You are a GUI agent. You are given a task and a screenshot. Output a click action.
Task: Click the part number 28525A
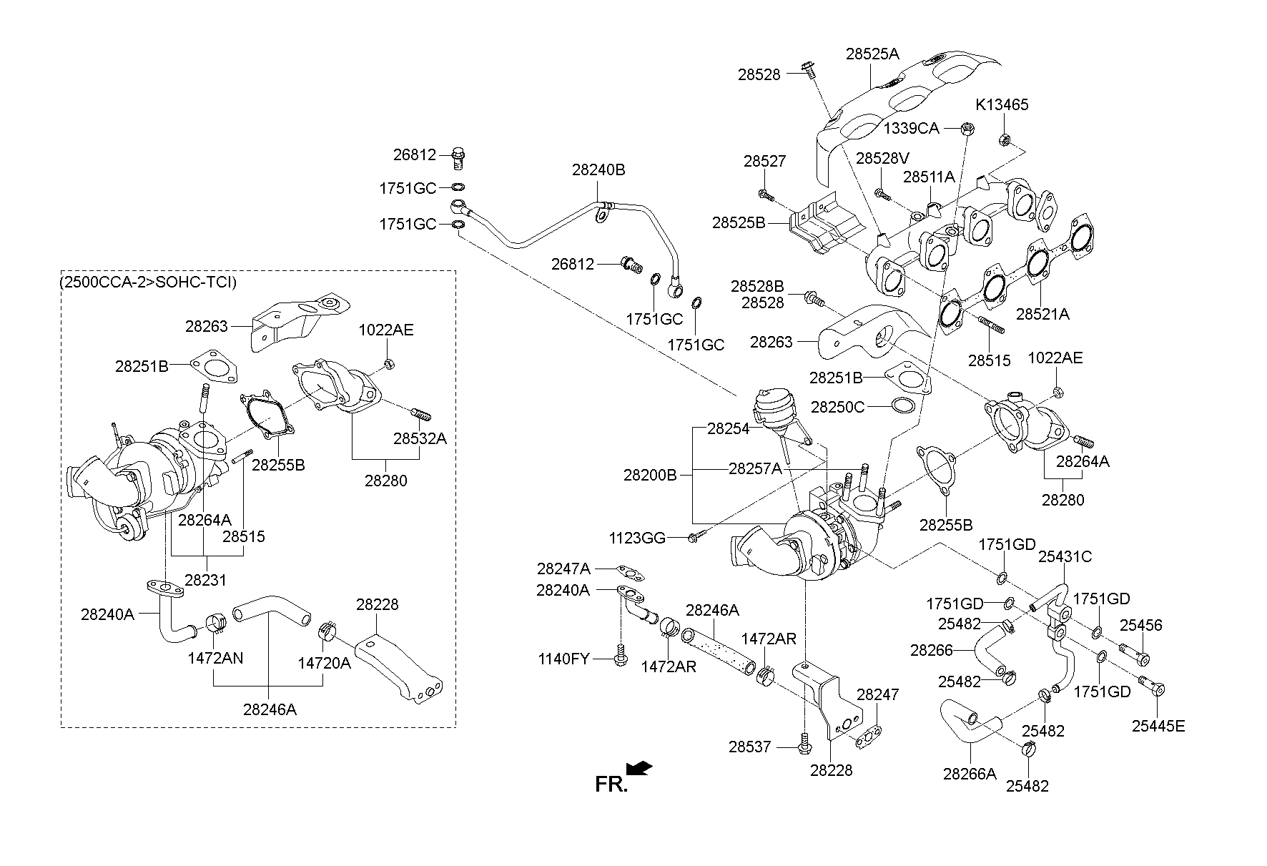pyautogui.click(x=872, y=54)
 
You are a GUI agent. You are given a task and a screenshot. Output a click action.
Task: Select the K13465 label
pyautogui.click(x=1002, y=105)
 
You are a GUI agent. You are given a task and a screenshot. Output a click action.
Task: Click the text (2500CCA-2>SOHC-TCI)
pyautogui.click(x=149, y=282)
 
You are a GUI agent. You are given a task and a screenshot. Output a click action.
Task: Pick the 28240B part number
pyautogui.click(x=598, y=170)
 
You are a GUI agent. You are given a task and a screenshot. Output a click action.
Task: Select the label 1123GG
pyautogui.click(x=637, y=537)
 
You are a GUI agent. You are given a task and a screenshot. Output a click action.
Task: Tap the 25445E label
pyautogui.click(x=1158, y=727)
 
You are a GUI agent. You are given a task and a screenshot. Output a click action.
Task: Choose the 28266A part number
pyautogui.click(x=970, y=774)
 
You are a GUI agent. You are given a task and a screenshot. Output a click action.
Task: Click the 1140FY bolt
pyautogui.click(x=620, y=658)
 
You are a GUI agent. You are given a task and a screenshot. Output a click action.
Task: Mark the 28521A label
pyautogui.click(x=1042, y=314)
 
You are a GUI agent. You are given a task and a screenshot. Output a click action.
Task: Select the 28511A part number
pyautogui.click(x=929, y=177)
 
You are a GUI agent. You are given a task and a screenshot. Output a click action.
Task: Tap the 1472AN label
pyautogui.click(x=215, y=658)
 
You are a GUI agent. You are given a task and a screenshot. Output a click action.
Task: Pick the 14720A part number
pyautogui.click(x=324, y=664)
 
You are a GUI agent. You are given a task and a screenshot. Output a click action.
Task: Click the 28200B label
pyautogui.click(x=650, y=475)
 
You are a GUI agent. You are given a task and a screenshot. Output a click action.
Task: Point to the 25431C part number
pyautogui.click(x=1065, y=556)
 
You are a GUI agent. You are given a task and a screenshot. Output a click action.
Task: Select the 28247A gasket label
pyautogui.click(x=564, y=569)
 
